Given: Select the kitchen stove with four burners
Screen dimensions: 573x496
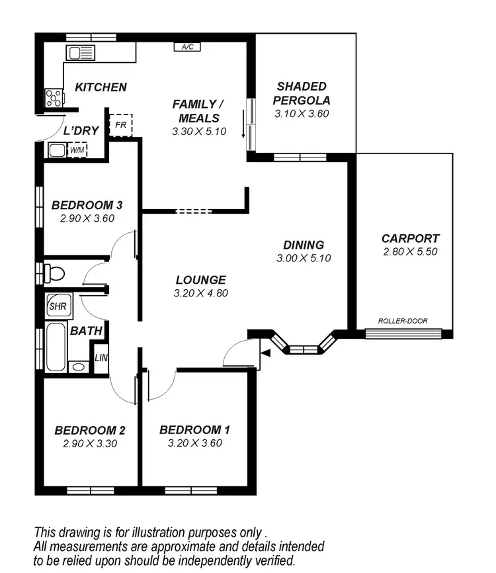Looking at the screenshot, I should pyautogui.click(x=54, y=98).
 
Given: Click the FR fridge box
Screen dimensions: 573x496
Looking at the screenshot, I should pyautogui.click(x=120, y=124).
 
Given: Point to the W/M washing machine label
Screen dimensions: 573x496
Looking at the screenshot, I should pyautogui.click(x=77, y=150).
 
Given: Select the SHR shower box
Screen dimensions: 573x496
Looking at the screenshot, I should pyautogui.click(x=56, y=306).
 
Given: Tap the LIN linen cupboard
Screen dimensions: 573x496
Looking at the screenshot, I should pyautogui.click(x=101, y=358).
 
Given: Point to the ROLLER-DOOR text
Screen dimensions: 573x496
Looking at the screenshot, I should pyautogui.click(x=403, y=321).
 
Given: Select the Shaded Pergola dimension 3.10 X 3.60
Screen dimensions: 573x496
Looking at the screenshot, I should pyautogui.click(x=302, y=113).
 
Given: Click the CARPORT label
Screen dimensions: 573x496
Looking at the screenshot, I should pyautogui.click(x=410, y=238).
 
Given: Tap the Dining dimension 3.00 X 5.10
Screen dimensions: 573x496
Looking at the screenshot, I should pyautogui.click(x=304, y=258).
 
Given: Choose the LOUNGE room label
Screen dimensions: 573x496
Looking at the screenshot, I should pyautogui.click(x=200, y=280).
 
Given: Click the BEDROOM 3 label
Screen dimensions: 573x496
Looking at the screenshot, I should pyautogui.click(x=87, y=205).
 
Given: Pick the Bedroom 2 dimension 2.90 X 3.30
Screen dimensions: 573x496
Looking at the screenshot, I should pyautogui.click(x=90, y=443).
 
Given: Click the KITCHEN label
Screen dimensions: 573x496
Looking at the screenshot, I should pyautogui.click(x=100, y=87).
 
